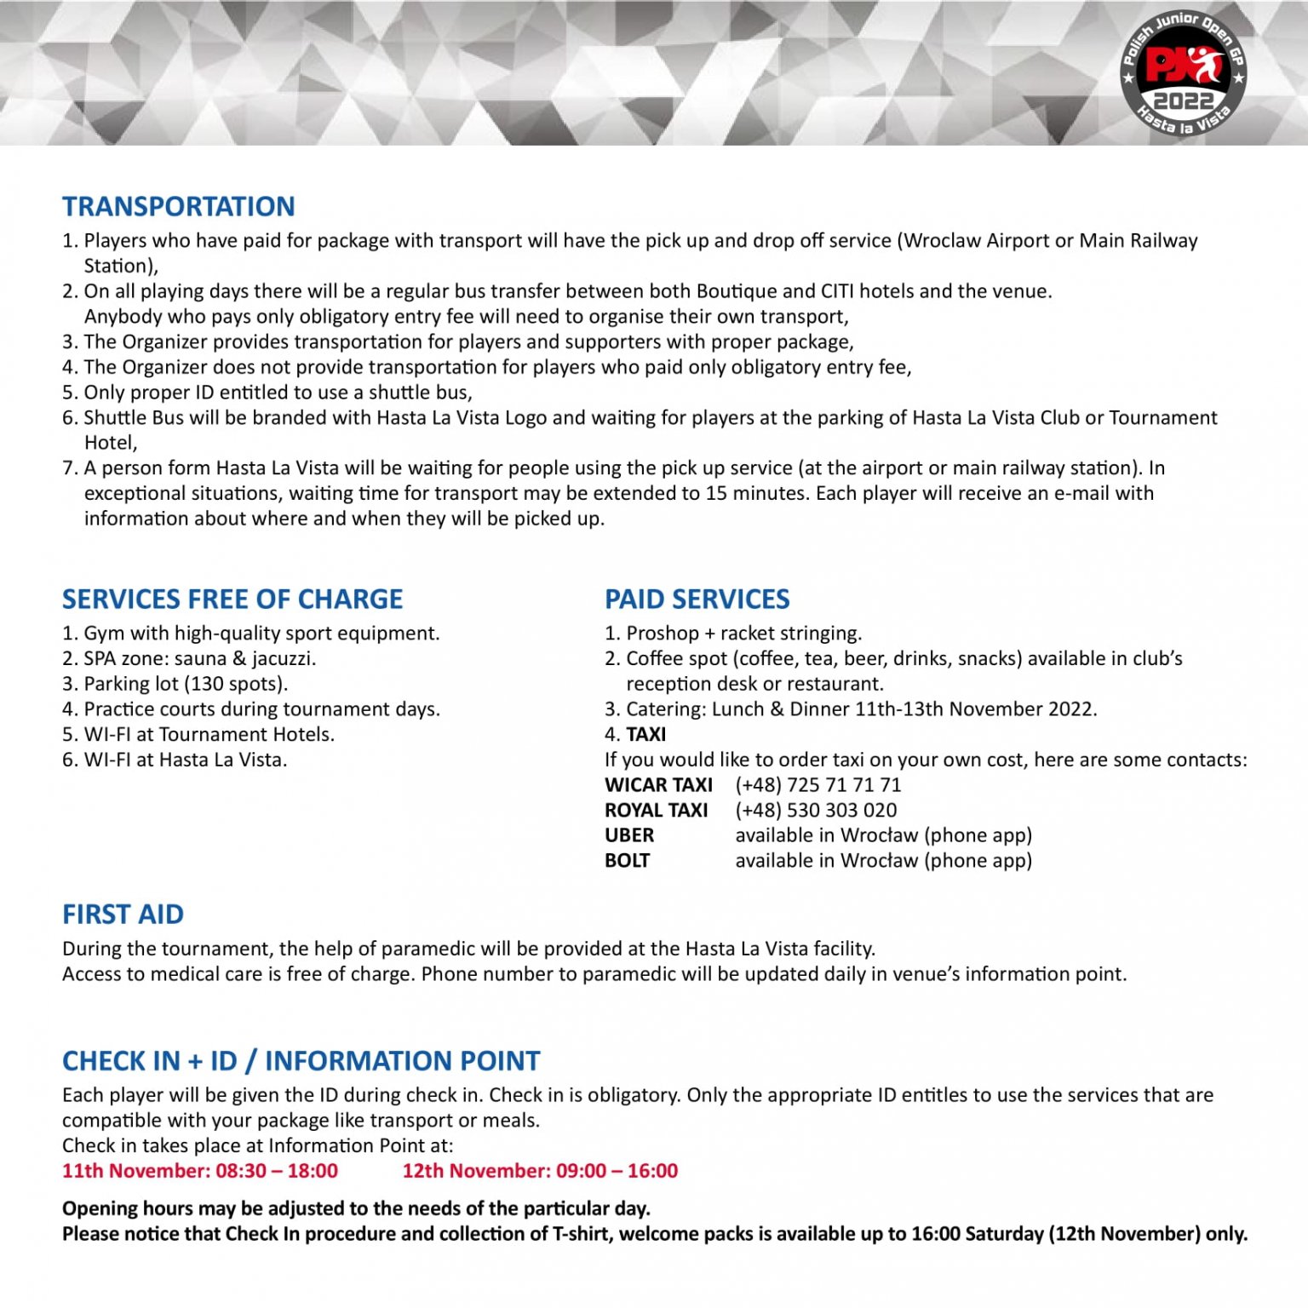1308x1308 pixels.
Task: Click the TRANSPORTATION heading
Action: click(178, 206)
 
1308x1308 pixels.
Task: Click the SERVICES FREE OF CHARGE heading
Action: click(232, 599)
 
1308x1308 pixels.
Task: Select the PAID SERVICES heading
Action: click(697, 599)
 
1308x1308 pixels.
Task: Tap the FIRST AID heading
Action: click(123, 914)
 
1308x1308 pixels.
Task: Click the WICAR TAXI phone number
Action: click(817, 784)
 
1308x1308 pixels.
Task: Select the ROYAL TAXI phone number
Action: click(816, 810)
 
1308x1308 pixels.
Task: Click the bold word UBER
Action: click(629, 835)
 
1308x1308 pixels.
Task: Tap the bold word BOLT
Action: click(627, 860)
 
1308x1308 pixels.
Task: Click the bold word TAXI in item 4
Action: click(646, 734)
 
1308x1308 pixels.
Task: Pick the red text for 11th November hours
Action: click(200, 1171)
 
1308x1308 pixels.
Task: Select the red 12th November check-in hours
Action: click(540, 1171)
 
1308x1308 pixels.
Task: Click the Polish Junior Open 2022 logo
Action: click(1182, 75)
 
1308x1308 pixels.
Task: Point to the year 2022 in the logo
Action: click(1182, 100)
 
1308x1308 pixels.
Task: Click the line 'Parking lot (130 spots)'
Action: click(186, 684)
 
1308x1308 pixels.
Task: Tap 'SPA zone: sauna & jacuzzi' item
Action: click(199, 658)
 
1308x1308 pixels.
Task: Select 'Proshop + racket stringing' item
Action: click(743, 633)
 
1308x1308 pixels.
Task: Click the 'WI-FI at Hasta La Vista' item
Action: click(185, 760)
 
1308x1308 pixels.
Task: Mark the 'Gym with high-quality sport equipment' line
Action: click(261, 633)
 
